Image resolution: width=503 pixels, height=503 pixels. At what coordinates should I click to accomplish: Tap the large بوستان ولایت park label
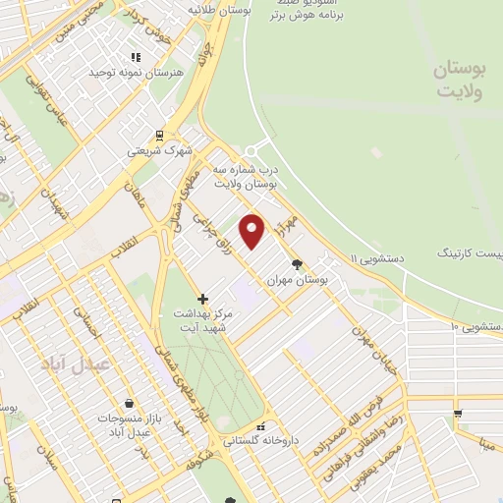point(460,79)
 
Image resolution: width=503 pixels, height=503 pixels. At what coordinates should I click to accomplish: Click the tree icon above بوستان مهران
point(298,262)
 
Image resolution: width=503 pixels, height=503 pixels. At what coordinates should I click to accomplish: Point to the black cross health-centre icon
point(202,299)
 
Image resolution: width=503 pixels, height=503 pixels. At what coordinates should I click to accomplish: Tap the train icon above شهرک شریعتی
point(158,136)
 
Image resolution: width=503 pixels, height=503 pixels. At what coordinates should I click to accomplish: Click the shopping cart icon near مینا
point(457,413)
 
